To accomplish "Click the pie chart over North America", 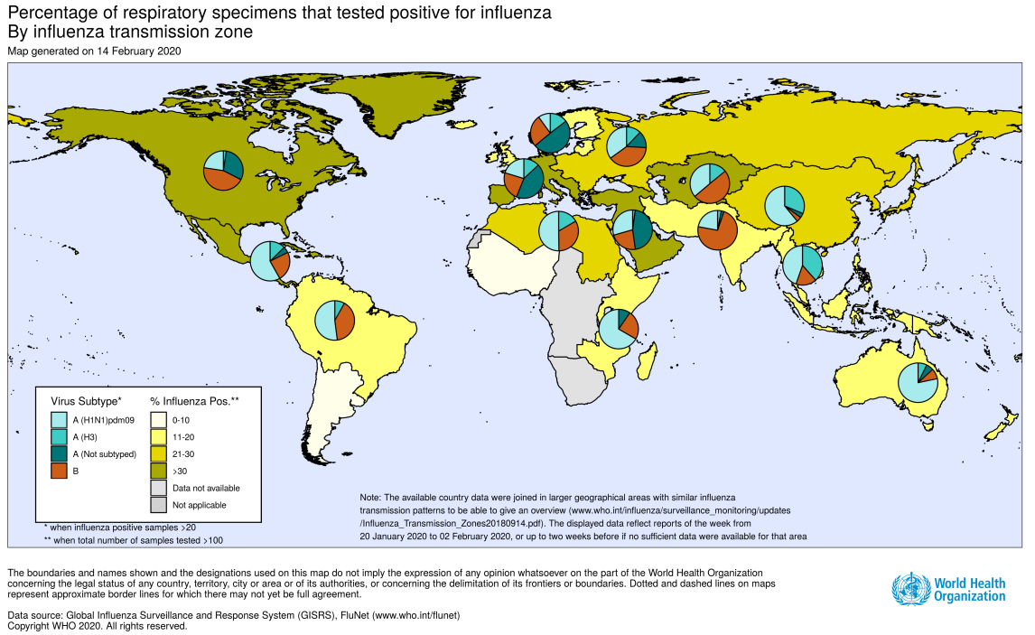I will click(223, 171).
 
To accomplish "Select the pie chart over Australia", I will click(918, 383).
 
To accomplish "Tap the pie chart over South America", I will click(334, 321).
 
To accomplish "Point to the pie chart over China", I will click(784, 206).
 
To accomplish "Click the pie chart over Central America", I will click(270, 261).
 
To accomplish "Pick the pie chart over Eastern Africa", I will click(620, 328).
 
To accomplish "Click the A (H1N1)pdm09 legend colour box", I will click(59, 419).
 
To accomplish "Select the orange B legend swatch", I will click(59, 471).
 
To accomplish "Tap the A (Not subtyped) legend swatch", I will click(59, 453).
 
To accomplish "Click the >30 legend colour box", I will click(157, 471).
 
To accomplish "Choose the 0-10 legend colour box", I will click(157, 419).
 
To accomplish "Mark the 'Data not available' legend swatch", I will click(157, 488).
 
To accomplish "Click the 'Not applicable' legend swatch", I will click(157, 505).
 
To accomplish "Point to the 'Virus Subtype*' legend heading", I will click(87, 399).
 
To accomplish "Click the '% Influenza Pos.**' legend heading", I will click(194, 399).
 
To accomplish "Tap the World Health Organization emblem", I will click(910, 590).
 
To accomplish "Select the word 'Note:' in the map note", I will click(370, 498).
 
